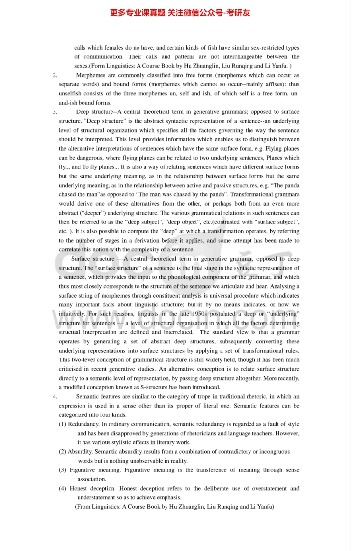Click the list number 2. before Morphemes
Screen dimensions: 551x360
(55, 75)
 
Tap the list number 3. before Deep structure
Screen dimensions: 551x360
(55, 112)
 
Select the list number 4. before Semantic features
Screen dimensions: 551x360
(55, 396)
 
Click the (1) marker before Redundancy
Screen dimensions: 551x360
(63, 424)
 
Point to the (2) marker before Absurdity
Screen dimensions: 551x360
(63, 451)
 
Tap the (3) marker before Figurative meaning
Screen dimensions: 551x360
(63, 470)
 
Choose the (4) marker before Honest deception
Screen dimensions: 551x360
(63, 488)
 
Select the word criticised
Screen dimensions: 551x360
(73, 369)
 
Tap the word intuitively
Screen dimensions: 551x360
(72, 314)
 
